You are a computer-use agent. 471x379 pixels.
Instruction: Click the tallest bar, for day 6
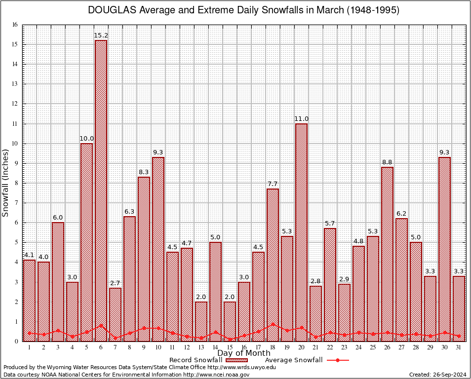point(101,190)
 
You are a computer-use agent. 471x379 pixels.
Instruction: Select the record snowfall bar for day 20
point(301,232)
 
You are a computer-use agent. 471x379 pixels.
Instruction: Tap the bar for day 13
point(201,321)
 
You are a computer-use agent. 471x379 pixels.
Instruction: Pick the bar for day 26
point(387,254)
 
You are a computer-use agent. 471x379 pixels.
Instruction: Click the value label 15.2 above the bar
point(101,36)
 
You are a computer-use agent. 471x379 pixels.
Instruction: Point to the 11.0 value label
point(301,119)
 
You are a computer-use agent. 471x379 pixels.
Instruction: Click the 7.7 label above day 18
point(273,184)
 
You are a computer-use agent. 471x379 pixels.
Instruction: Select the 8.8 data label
point(387,162)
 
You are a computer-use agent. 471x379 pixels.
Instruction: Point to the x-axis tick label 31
point(459,347)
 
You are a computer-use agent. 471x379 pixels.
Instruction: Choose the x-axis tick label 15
point(230,347)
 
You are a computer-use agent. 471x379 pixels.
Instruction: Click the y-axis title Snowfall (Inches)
point(6,183)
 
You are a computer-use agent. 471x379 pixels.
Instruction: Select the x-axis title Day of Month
point(243,353)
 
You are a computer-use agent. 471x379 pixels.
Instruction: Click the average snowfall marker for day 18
point(273,325)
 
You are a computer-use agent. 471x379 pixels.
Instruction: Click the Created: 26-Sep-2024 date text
point(438,375)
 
